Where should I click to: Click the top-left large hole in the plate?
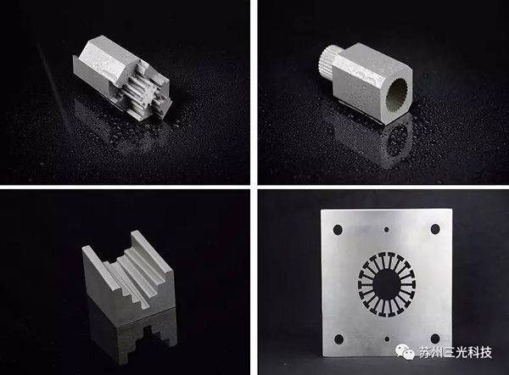[x=338, y=230]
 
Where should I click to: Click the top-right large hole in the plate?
[x=435, y=229]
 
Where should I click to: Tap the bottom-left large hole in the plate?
[x=338, y=339]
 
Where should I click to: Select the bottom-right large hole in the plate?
[x=435, y=339]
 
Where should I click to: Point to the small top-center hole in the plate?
[x=386, y=230]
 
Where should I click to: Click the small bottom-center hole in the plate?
[x=387, y=339]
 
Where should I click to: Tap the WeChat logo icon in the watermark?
[x=405, y=352]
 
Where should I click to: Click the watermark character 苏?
[x=426, y=352]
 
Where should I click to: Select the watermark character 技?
[x=484, y=352]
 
